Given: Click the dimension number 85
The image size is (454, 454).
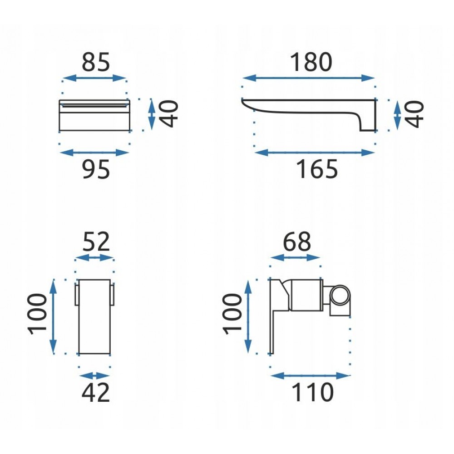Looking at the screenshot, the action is pyautogui.click(x=96, y=62).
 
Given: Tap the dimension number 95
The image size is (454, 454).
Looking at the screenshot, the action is pyautogui.click(x=96, y=169).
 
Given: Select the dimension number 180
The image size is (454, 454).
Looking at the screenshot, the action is pyautogui.click(x=311, y=62).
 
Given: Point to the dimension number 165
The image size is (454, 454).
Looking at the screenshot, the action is pyautogui.click(x=317, y=169).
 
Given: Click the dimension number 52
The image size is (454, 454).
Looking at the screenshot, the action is pyautogui.click(x=96, y=242).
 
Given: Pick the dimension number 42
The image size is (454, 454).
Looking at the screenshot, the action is pyautogui.click(x=96, y=393).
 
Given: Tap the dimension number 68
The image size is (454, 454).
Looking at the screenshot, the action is pyautogui.click(x=297, y=242).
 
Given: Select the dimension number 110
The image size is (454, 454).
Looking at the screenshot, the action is pyautogui.click(x=312, y=392).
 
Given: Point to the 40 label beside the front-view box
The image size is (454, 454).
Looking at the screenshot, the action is pyautogui.click(x=169, y=113).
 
